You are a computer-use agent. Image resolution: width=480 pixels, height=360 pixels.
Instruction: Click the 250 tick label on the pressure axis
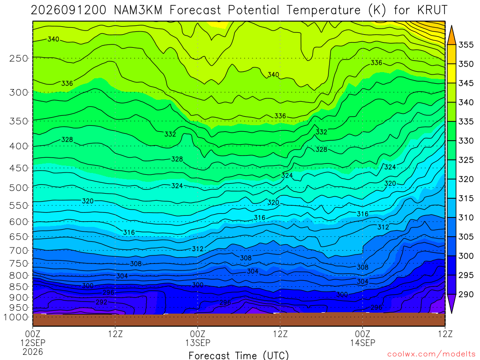pyautogui.click(x=18, y=58)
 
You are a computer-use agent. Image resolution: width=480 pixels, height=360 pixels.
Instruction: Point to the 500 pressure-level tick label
pyautogui.click(x=18, y=187)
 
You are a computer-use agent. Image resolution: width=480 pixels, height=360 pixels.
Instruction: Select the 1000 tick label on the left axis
pyautogui.click(x=16, y=317)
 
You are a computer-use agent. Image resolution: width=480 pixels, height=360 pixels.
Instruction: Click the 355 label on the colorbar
pyautogui.click(x=466, y=45)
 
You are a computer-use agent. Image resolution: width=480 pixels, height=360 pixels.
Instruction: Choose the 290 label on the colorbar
pyautogui.click(x=466, y=294)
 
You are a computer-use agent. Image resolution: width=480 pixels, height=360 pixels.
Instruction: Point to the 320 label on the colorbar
pyautogui.click(x=466, y=179)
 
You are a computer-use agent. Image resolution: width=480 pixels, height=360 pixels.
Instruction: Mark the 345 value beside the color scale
pyautogui.click(x=466, y=83)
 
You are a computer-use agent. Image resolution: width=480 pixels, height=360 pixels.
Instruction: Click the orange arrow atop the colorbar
pyautogui.click(x=451, y=36)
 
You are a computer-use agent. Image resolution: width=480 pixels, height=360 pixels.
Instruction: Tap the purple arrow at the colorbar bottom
pyautogui.click(x=451, y=303)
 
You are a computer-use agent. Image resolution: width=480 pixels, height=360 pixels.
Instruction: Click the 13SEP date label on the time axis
pyautogui.click(x=198, y=343)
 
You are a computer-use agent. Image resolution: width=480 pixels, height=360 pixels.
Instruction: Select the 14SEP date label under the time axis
pyautogui.click(x=363, y=343)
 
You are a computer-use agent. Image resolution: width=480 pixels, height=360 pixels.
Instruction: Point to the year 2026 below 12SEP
pyautogui.click(x=33, y=352)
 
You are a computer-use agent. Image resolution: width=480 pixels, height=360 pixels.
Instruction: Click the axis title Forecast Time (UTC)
pyautogui.click(x=239, y=355)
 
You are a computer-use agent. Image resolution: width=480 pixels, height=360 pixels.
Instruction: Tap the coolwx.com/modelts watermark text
pyautogui.click(x=431, y=354)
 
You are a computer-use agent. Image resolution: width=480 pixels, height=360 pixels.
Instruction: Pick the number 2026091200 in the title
pyautogui.click(x=68, y=10)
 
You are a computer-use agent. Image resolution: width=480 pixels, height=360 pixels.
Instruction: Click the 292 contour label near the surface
pyautogui.click(x=101, y=302)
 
